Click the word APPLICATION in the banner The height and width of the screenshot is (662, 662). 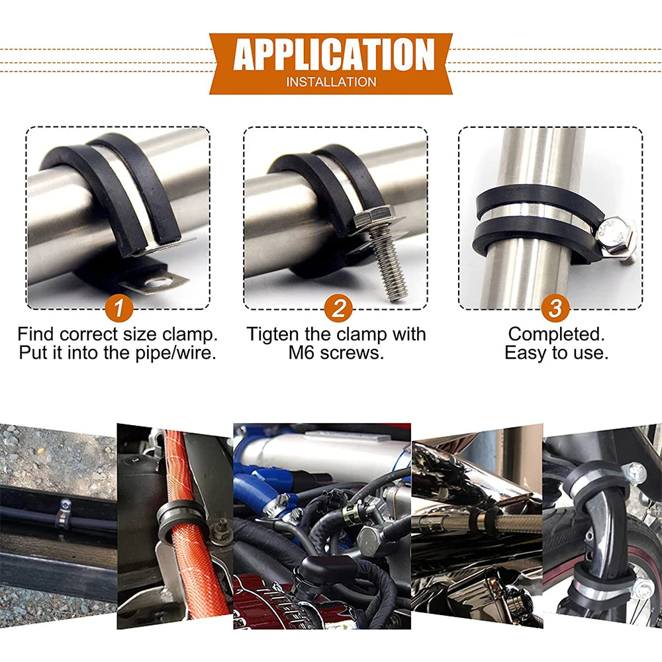333,56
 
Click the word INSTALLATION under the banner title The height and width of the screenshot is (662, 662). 331,82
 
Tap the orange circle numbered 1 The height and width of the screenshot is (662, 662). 118,308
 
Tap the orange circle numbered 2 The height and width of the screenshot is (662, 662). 338,308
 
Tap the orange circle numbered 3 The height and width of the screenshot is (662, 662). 555,308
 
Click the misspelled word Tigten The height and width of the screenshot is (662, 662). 279,334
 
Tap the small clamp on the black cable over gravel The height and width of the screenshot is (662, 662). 63,513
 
